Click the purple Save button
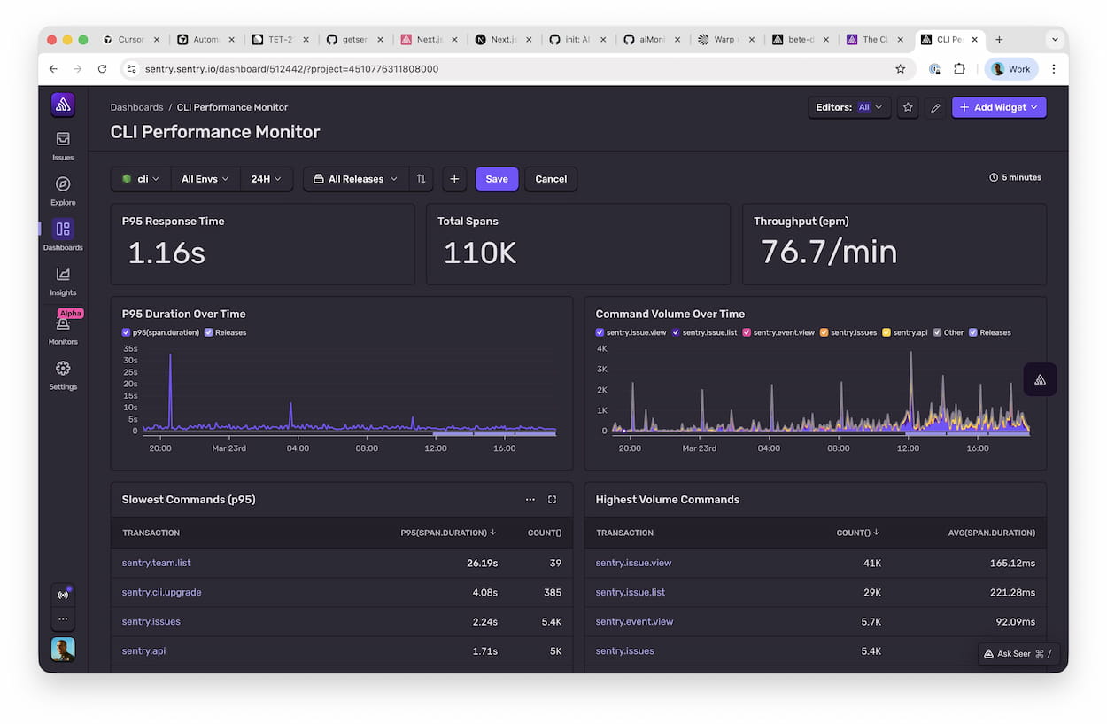[x=497, y=179]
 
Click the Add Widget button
[x=999, y=107]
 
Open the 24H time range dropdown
[x=266, y=179]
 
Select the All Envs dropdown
[x=205, y=179]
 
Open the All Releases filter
[x=356, y=179]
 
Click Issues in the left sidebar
[x=63, y=146]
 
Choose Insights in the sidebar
[x=63, y=281]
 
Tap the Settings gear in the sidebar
[x=63, y=375]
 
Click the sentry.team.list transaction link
[x=157, y=563]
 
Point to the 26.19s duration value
[x=482, y=563]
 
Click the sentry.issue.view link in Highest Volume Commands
[x=633, y=563]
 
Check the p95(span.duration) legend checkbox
[x=126, y=333]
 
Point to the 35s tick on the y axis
[x=130, y=349]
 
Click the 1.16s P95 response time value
[x=166, y=253]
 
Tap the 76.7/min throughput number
[x=829, y=253]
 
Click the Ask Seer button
[x=1018, y=654]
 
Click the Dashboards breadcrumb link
[x=136, y=107]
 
